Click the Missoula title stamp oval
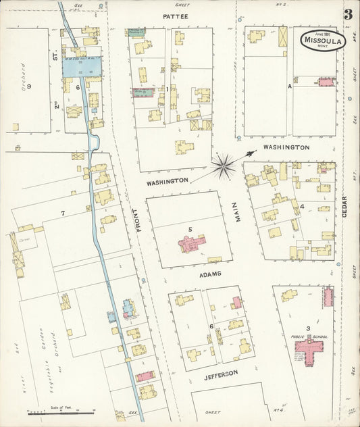tap(324, 40)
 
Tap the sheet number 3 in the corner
tap(349, 14)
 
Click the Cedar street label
tap(344, 206)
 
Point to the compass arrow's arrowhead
tap(253, 153)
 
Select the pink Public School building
tap(309, 351)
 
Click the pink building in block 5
tap(191, 244)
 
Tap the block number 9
tap(29, 86)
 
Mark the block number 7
tap(63, 214)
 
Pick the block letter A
tap(290, 86)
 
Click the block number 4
tap(303, 206)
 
